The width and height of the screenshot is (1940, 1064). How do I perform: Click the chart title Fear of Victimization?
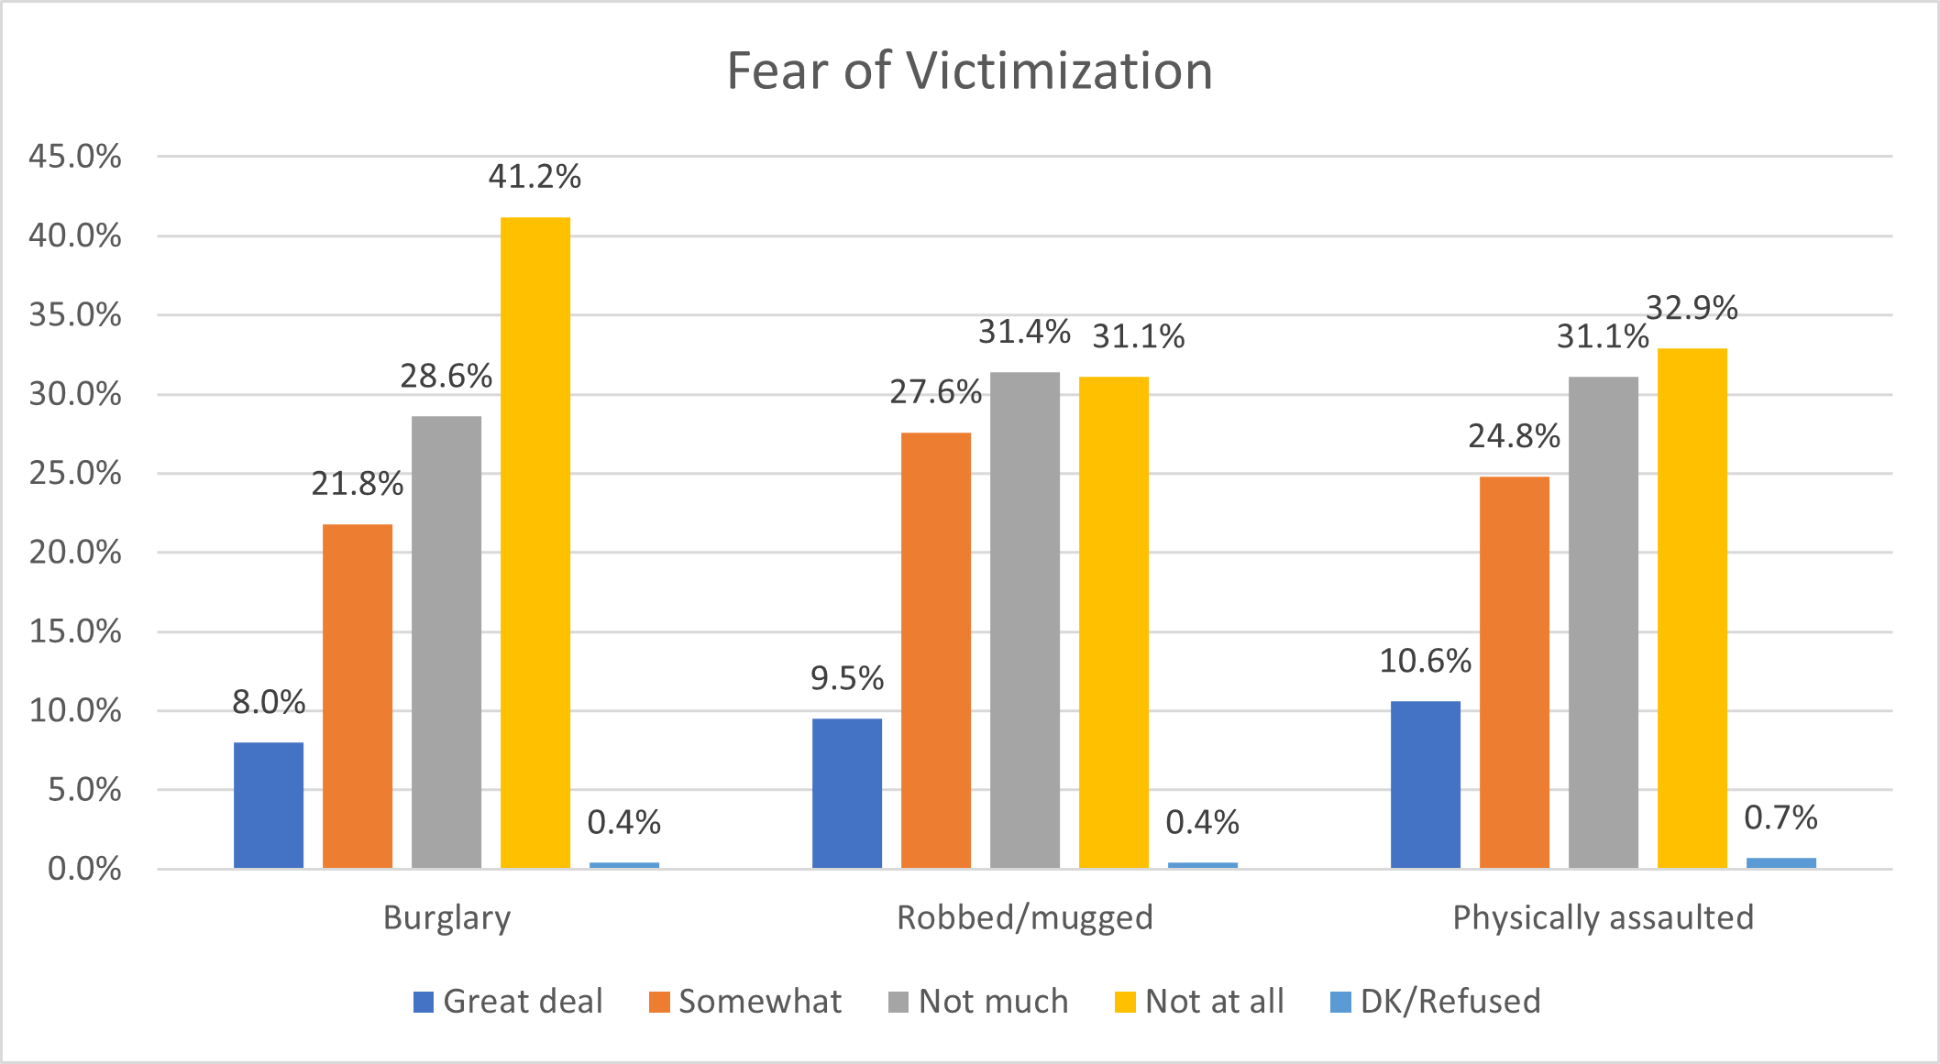tap(969, 71)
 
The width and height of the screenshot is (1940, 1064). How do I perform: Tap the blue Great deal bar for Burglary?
tap(268, 805)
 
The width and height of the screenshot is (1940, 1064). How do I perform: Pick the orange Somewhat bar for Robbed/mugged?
tap(935, 650)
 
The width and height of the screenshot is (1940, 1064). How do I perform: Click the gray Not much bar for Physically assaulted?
tap(1603, 622)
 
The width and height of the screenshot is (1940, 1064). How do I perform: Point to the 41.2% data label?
tap(535, 176)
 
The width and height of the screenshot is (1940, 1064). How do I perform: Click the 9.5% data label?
tap(846, 678)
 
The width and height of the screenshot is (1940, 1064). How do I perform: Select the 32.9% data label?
tap(1692, 308)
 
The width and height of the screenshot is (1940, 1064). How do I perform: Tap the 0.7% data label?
tap(1780, 817)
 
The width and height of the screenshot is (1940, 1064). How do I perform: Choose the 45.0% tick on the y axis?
tap(75, 157)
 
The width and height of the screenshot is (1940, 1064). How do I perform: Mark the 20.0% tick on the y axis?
tap(75, 553)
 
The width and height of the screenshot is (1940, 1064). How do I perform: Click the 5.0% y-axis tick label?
tap(83, 790)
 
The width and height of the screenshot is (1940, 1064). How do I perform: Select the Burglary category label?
tap(446, 917)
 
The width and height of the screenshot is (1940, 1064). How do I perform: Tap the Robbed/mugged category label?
tap(1024, 917)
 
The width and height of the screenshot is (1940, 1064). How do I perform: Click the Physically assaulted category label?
tap(1603, 917)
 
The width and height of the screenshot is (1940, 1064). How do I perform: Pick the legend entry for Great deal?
tap(509, 1001)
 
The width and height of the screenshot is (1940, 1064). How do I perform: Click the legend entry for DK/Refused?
tap(1436, 1001)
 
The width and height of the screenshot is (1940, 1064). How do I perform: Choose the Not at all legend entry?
tap(1200, 1001)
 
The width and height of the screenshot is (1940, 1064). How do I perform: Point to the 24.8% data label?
tap(1514, 436)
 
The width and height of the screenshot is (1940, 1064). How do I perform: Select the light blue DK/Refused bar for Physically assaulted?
tap(1780, 862)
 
